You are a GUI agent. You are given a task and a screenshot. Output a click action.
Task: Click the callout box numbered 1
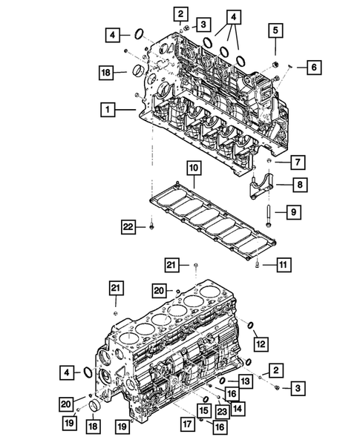coord(108,109)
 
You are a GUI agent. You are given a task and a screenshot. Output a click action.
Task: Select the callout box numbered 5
coord(275,30)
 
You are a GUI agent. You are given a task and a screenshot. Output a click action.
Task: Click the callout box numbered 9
coord(293,213)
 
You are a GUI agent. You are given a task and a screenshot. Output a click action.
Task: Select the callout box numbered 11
coord(281,263)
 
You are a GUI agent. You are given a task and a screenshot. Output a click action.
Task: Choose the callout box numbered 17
coord(188,425)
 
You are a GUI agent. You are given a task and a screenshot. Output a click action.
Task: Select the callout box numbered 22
coord(128,226)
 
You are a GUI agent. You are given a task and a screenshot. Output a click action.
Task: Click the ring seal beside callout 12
coord(250,326)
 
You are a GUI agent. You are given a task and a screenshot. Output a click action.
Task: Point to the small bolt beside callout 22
coord(151,223)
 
